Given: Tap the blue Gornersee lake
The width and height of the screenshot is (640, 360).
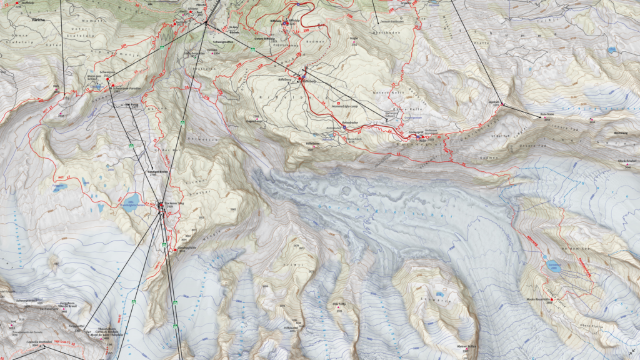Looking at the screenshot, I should (553, 265).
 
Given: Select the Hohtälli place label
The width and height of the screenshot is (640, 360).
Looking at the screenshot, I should (493, 101).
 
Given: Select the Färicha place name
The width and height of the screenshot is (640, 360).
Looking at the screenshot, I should (41, 19).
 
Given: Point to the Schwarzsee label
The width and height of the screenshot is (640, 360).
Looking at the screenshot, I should (106, 72).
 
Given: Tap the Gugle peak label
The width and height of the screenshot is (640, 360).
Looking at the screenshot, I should (354, 38).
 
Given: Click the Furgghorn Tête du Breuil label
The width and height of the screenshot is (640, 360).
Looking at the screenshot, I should (67, 304).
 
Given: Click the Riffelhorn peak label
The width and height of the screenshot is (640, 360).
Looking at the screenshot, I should (312, 143).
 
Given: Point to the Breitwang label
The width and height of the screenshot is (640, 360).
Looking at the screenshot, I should (621, 132).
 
